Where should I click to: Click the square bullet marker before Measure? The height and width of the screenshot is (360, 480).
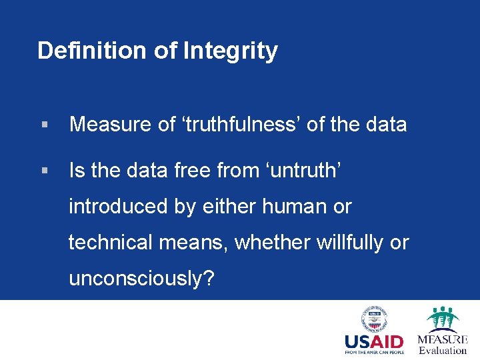pos(44,125)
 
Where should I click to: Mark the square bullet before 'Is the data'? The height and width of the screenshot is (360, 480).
pos(44,171)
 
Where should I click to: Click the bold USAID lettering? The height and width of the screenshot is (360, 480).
pos(374,343)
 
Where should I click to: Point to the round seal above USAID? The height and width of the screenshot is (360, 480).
pos(375,319)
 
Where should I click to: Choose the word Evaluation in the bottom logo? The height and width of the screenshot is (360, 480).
pos(443,350)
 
